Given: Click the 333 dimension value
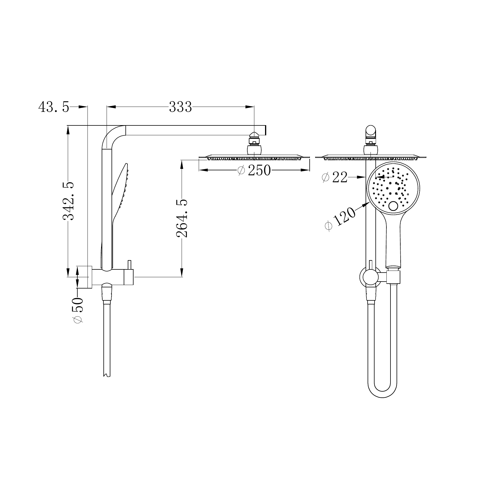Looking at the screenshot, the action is tap(180, 107).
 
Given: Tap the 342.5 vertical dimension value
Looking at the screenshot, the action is tap(69, 201).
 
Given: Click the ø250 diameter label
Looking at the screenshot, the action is tap(254, 170).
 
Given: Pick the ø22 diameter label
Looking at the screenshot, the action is tap(335, 177).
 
